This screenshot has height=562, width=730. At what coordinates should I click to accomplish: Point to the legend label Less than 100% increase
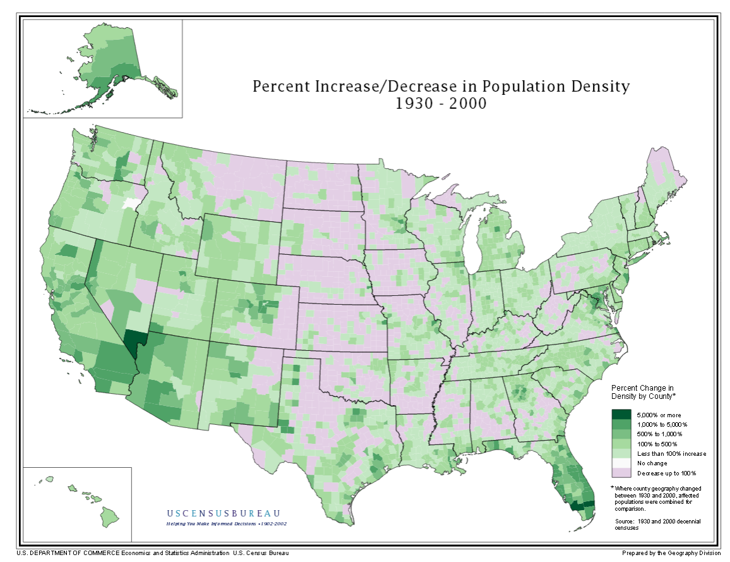[671, 453]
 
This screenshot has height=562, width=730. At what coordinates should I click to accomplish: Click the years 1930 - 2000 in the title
[441, 104]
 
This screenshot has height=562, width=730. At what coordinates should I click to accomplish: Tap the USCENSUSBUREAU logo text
[224, 513]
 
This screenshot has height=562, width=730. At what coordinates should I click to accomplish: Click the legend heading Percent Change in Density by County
[643, 391]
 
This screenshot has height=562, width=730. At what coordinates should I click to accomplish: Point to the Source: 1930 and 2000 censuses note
[657, 524]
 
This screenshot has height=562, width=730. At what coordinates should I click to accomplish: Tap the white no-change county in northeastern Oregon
[131, 204]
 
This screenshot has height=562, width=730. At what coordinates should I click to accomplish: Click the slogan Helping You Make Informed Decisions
[226, 524]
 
